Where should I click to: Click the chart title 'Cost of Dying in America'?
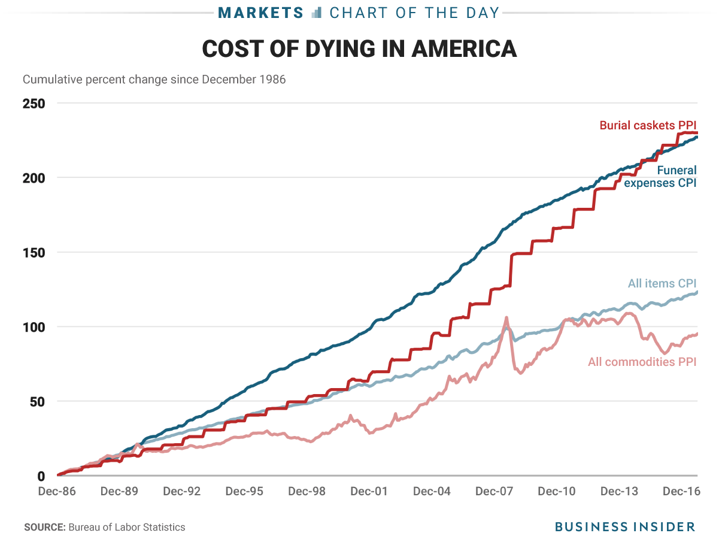tap(359, 49)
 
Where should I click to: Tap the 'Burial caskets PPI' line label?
tap(648, 125)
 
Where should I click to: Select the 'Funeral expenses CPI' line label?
tap(660, 177)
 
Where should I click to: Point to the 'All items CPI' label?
tap(662, 283)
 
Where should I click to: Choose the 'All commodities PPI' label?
tap(642, 362)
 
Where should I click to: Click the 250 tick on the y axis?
tap(34, 103)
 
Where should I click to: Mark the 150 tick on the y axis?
tap(34, 252)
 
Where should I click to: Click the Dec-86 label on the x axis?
tap(58, 491)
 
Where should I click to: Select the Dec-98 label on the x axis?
tap(307, 491)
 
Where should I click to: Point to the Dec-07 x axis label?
tap(494, 491)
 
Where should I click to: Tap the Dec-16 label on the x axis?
tap(681, 491)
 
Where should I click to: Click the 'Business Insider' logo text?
tap(625, 527)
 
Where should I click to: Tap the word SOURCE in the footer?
tap(44, 528)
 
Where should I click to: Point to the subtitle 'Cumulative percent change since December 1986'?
tap(154, 79)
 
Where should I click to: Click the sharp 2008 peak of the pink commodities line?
tap(506, 317)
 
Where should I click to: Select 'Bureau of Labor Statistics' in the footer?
tap(127, 528)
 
